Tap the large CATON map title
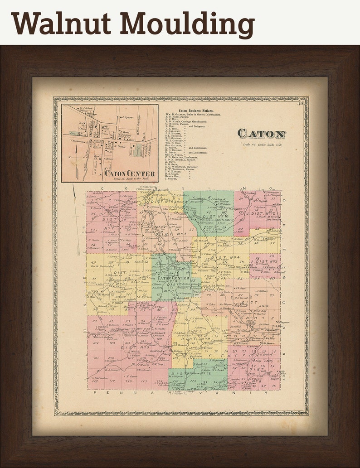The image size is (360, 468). tap(262, 134)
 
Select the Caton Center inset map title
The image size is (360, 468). tap(130, 173)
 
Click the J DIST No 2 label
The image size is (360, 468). tap(264, 261)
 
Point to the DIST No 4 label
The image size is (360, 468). tap(227, 258)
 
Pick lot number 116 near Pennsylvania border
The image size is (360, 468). tap(128, 381)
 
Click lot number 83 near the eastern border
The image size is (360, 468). tap(272, 295)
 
